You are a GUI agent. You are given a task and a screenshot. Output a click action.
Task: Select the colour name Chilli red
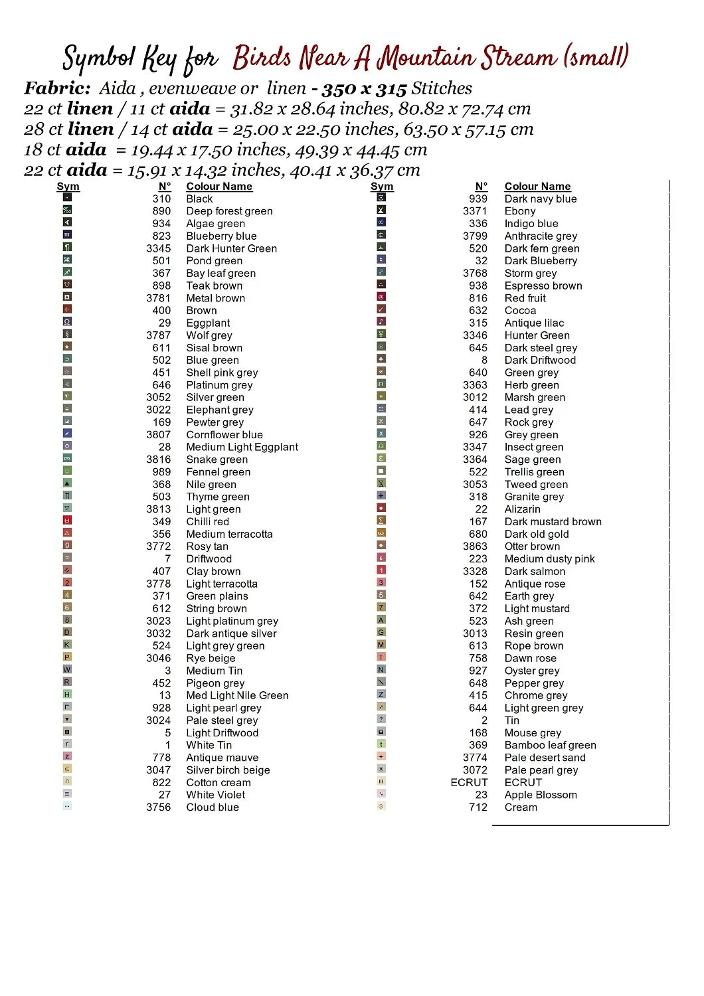tap(207, 522)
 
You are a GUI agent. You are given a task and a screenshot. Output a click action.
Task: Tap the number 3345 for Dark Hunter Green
tap(159, 248)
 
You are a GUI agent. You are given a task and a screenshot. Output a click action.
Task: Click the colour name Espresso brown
tap(543, 286)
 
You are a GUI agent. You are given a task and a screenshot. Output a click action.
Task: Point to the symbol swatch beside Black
tap(67, 197)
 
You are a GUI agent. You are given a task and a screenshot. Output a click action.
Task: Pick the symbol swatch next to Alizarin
tap(381, 508)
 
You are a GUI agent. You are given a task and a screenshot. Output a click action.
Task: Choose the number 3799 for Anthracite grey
tap(475, 236)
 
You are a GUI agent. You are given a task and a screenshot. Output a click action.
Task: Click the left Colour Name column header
tap(219, 187)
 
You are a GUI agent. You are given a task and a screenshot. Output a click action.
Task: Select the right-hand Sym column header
tap(382, 187)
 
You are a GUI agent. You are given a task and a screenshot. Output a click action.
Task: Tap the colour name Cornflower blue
tap(224, 435)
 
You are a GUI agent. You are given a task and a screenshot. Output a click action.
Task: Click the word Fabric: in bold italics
tap(57, 88)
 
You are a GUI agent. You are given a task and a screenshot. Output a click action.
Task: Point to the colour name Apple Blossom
tap(541, 795)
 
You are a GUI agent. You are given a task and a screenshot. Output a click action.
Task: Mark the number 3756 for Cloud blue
tap(159, 807)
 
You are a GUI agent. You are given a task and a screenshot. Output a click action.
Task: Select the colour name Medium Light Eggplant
tap(242, 447)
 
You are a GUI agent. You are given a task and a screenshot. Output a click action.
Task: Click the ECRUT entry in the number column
tap(469, 782)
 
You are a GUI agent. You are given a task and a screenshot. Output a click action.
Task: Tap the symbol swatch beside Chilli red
tap(67, 520)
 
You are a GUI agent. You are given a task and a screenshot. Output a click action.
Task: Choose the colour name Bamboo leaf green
tap(550, 745)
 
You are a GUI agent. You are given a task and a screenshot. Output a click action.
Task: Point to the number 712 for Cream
tap(478, 807)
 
